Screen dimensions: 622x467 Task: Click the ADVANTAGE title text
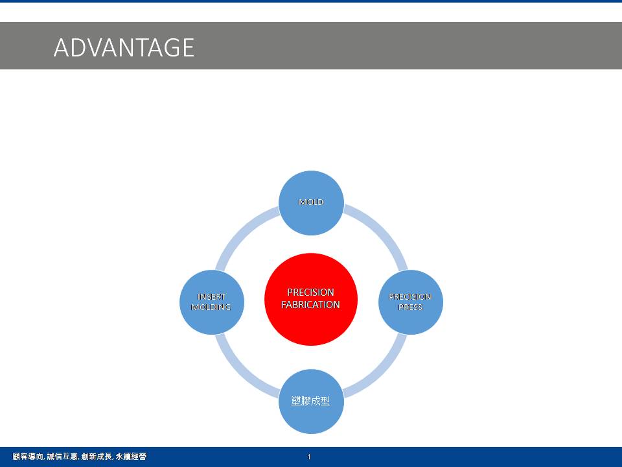tap(124, 47)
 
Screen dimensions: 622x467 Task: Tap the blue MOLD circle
tap(311, 203)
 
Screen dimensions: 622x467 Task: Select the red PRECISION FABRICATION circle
tap(311, 299)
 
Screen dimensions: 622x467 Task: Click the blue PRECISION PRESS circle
tap(411, 302)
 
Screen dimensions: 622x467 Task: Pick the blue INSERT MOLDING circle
tap(212, 302)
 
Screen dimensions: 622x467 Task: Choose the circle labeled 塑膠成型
tap(311, 401)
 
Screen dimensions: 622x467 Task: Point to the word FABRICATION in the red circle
tap(310, 305)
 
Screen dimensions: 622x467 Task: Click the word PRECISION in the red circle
tap(310, 293)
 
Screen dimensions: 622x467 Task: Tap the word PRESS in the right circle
tap(410, 307)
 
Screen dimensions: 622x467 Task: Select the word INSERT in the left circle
tap(211, 296)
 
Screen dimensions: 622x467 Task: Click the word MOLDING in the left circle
tap(211, 307)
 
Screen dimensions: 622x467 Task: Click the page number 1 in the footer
tap(309, 457)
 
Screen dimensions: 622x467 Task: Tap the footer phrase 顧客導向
tap(27, 457)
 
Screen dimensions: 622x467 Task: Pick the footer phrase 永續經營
tap(131, 457)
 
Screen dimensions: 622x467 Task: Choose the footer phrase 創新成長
tap(97, 457)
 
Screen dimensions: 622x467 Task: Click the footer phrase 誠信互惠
tap(62, 457)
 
